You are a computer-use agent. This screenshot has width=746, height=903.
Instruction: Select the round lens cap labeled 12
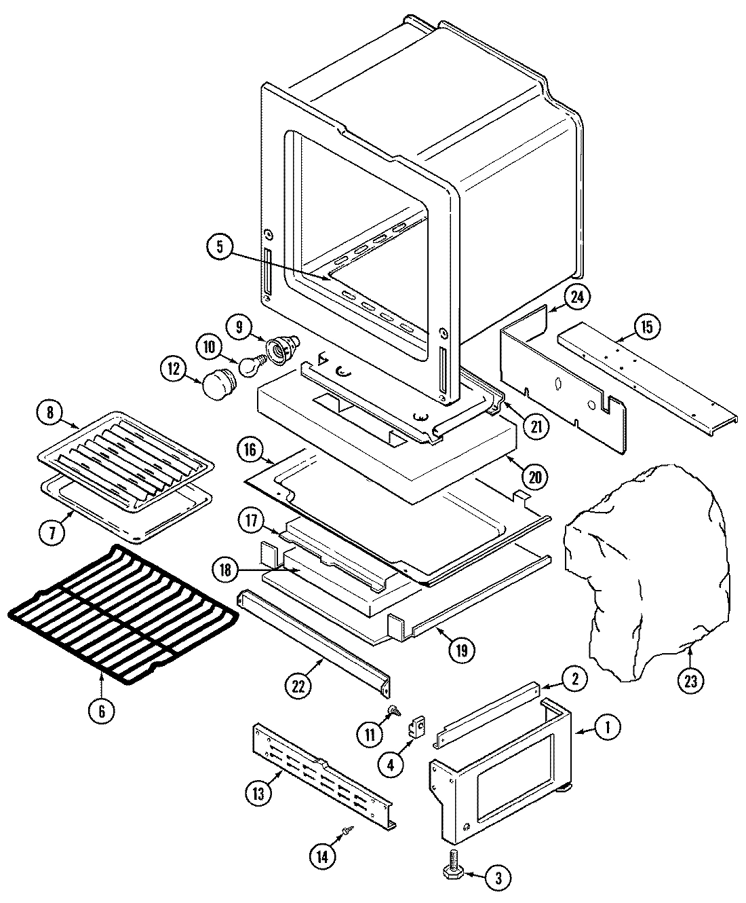point(216,384)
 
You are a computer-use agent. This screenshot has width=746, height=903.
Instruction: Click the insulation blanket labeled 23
point(641,570)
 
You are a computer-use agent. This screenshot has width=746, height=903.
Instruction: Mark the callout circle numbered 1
point(607,729)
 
